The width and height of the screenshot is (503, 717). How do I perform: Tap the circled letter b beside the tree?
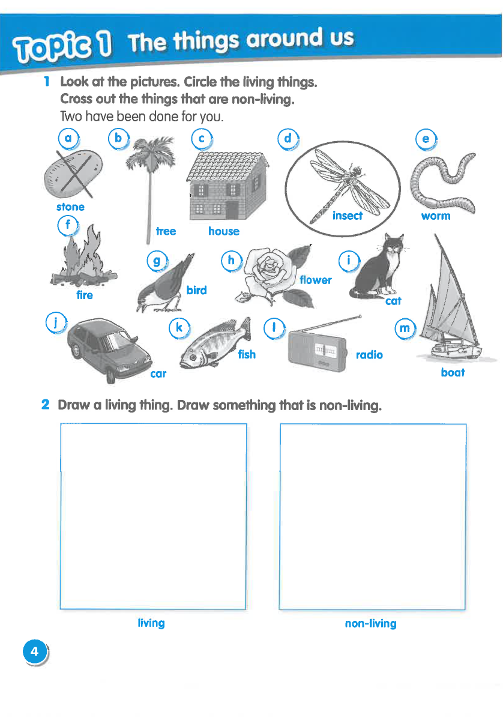[118, 139]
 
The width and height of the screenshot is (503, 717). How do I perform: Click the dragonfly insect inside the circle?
[343, 183]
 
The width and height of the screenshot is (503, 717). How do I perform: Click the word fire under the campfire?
[85, 295]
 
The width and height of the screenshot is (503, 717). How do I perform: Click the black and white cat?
[378, 270]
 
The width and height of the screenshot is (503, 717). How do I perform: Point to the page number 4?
[35, 651]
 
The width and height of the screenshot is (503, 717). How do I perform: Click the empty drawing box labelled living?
[153, 516]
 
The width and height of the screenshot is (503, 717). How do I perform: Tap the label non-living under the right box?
[370, 623]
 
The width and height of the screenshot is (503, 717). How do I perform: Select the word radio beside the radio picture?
[369, 355]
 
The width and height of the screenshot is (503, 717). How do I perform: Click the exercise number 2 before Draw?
[45, 405]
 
